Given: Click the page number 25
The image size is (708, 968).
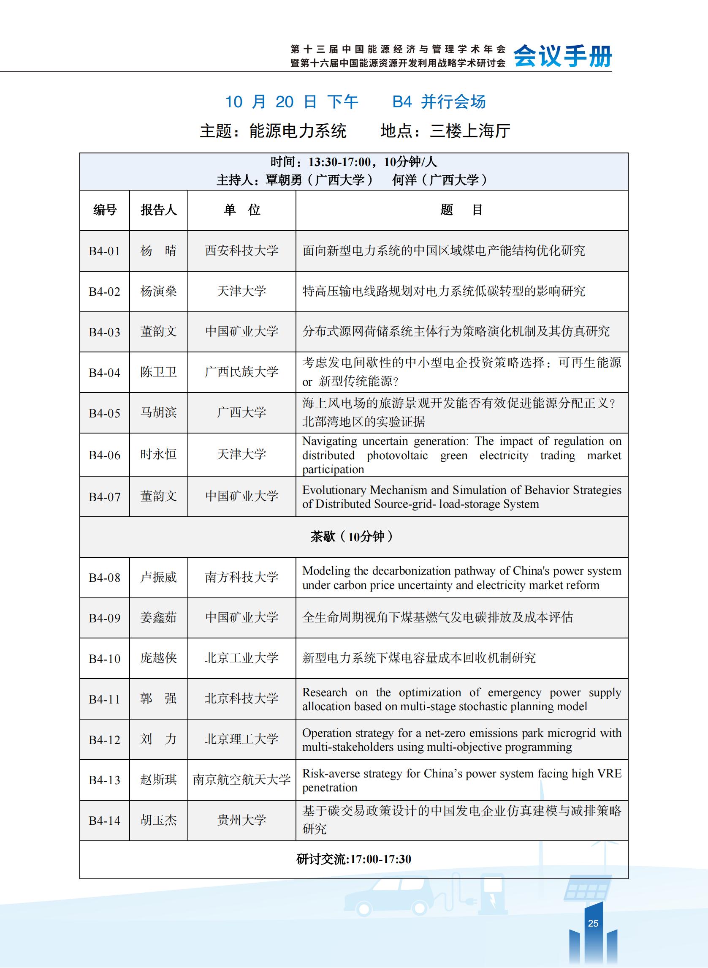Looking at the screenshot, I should pos(593,923).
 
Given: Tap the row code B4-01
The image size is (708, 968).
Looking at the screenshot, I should pos(105,251).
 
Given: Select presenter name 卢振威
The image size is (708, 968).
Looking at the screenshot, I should pos(158,577).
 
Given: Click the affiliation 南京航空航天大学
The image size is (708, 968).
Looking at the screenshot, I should pos(242,779).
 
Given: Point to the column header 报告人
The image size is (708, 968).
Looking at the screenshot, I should pos(158,210).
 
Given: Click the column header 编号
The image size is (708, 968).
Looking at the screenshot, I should pos(105,210).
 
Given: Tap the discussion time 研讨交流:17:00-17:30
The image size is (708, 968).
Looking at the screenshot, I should pos(353,859).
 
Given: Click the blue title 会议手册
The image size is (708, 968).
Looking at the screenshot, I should pos(563,56).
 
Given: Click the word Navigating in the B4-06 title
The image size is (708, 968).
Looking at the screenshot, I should pos(330,442).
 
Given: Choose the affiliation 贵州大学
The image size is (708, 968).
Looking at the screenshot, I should pos(242,820).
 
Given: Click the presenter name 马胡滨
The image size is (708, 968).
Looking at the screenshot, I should pos(158,412).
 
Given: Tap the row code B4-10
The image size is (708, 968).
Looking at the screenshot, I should pos(105,658).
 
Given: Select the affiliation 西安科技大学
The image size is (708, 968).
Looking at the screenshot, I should pos(242,251).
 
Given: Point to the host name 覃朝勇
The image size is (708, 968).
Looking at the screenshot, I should pos(284,180).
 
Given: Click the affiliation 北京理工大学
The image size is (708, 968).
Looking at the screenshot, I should pos(242,739).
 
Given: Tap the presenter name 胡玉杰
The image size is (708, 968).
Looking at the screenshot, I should pos(158,820).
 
